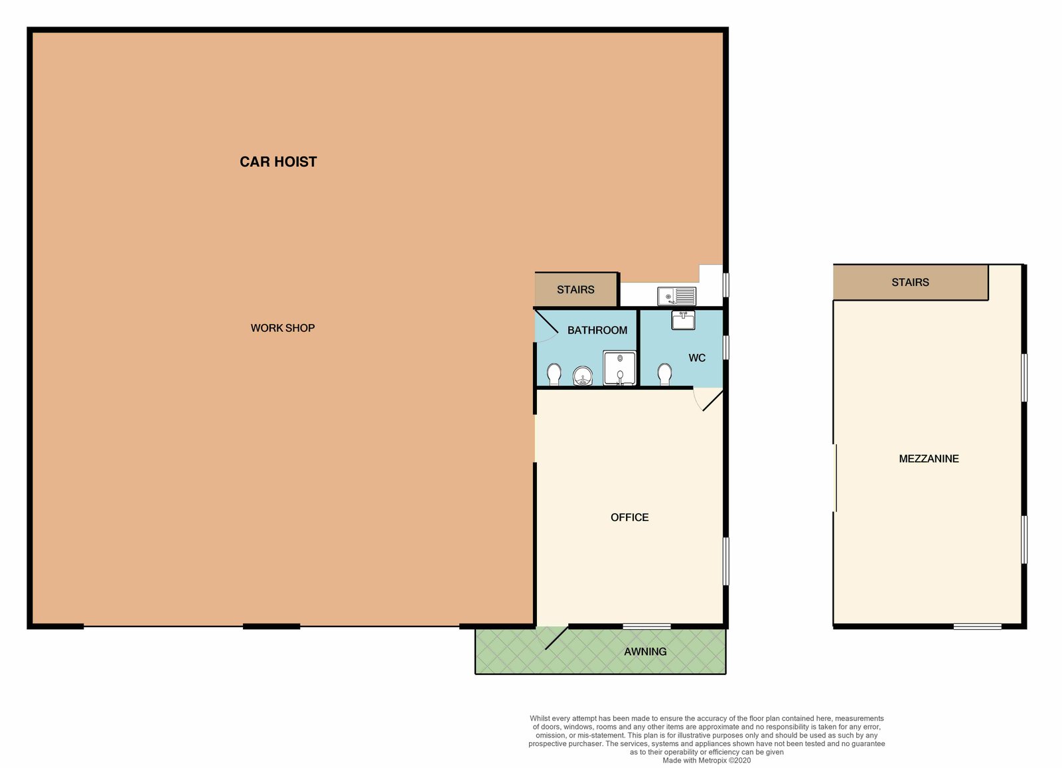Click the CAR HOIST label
pos(278,162)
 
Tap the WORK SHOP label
pos(283,328)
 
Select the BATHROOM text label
pos(597,330)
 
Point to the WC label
pos(697,358)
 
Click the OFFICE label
pos(629,517)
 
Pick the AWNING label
pos(645,651)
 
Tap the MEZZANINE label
pos(929,459)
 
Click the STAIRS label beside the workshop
pos(575,289)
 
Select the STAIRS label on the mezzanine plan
pos(910,282)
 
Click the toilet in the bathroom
pos(554,374)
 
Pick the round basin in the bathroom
pos(583,376)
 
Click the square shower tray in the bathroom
pos(619,368)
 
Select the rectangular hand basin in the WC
pos(683,321)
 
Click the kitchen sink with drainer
pos(676,295)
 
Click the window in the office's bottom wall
pos(646,626)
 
